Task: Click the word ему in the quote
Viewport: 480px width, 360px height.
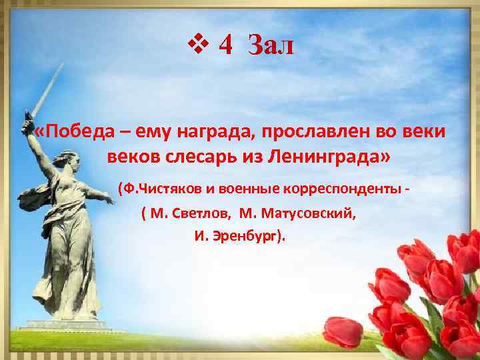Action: [155, 131]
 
